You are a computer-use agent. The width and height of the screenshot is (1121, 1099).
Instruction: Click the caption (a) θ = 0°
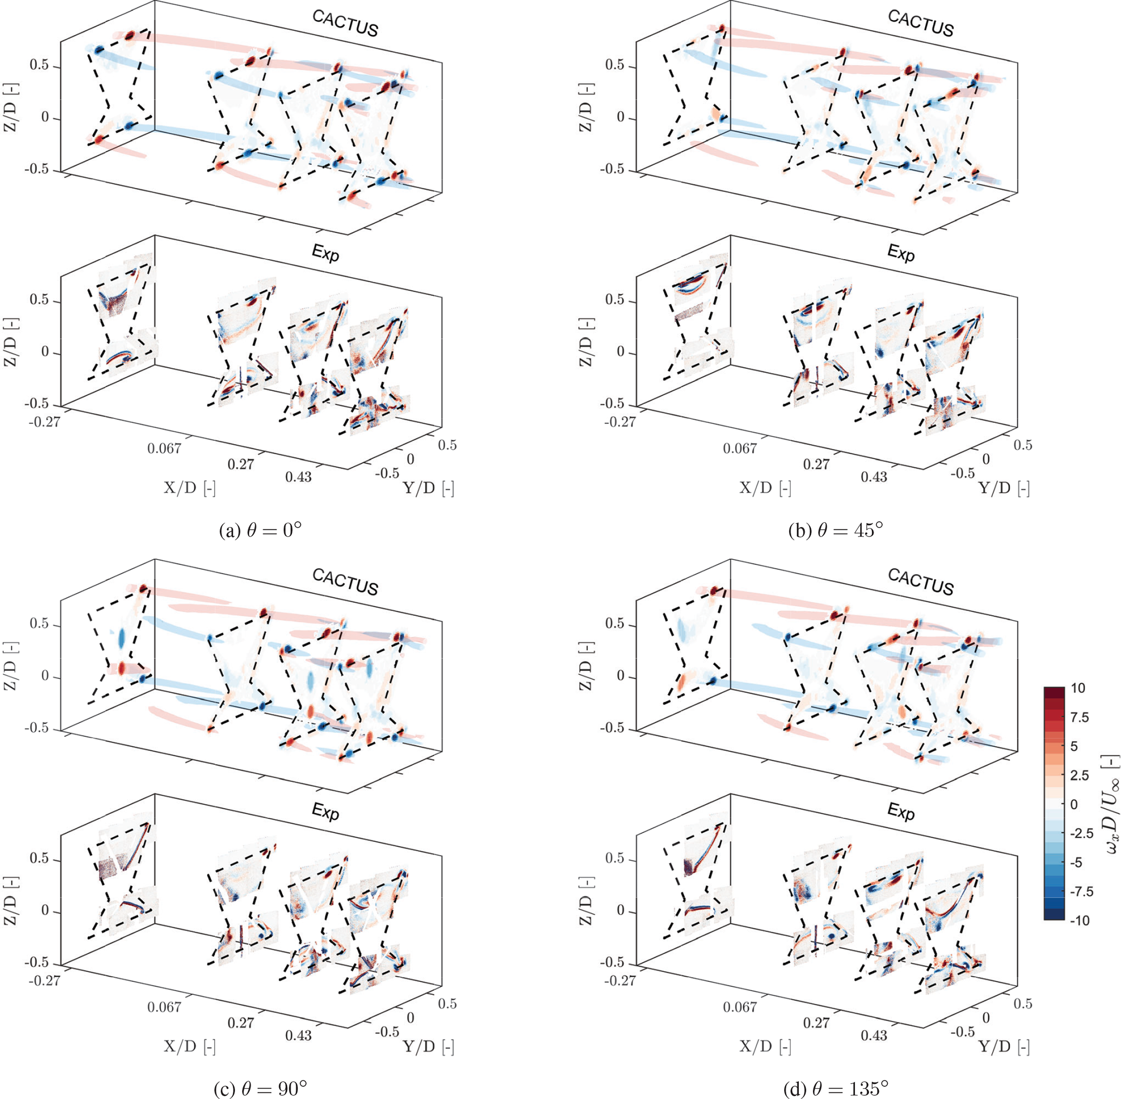tap(261, 530)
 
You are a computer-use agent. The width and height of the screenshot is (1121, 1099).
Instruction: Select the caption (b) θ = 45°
tap(836, 530)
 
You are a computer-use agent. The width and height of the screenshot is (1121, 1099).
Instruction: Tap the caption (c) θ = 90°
tap(260, 1089)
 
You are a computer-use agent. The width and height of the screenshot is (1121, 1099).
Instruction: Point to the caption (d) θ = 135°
tap(835, 1089)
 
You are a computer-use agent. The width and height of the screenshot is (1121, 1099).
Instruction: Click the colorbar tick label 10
tap(1077, 688)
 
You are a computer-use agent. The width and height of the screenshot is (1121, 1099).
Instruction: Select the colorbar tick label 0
tap(1074, 804)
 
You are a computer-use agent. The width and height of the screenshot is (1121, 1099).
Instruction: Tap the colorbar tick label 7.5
tap(1079, 717)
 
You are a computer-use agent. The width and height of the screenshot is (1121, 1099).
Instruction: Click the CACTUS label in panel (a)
tap(345, 24)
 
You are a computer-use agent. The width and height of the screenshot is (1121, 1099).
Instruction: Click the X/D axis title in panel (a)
tap(190, 489)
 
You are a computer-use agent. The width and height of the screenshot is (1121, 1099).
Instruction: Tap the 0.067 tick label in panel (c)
tap(164, 1007)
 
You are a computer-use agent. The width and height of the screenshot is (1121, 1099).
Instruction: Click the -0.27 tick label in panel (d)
tap(620, 981)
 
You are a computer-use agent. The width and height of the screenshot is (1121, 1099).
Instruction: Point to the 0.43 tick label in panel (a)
tap(298, 477)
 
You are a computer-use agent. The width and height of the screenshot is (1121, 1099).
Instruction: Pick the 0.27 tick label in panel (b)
tap(816, 464)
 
